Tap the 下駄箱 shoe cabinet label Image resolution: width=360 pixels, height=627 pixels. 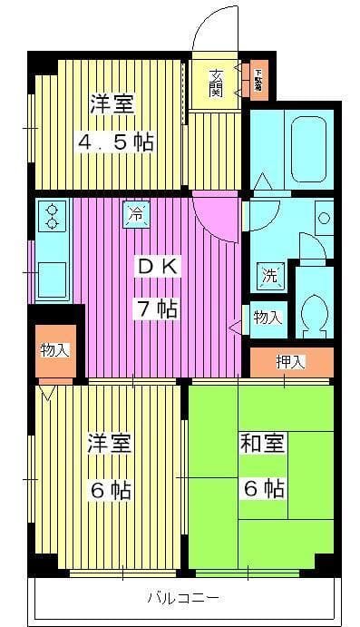tap(258, 80)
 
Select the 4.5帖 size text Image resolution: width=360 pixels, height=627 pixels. tap(113, 142)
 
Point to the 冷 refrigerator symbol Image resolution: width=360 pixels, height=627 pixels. tap(134, 215)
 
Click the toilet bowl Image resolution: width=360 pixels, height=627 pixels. tap(314, 313)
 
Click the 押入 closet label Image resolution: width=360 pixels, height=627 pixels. tap(291, 361)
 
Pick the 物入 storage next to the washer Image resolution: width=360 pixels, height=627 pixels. tap(268, 317)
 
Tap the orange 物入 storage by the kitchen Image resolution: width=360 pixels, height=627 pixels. tap(54, 350)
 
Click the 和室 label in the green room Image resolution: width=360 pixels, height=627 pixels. tap(262, 444)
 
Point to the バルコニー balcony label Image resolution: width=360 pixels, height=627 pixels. tap(182, 599)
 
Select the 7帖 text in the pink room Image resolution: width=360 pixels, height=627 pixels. tap(157, 309)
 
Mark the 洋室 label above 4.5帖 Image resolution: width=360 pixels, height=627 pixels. tap(112, 103)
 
